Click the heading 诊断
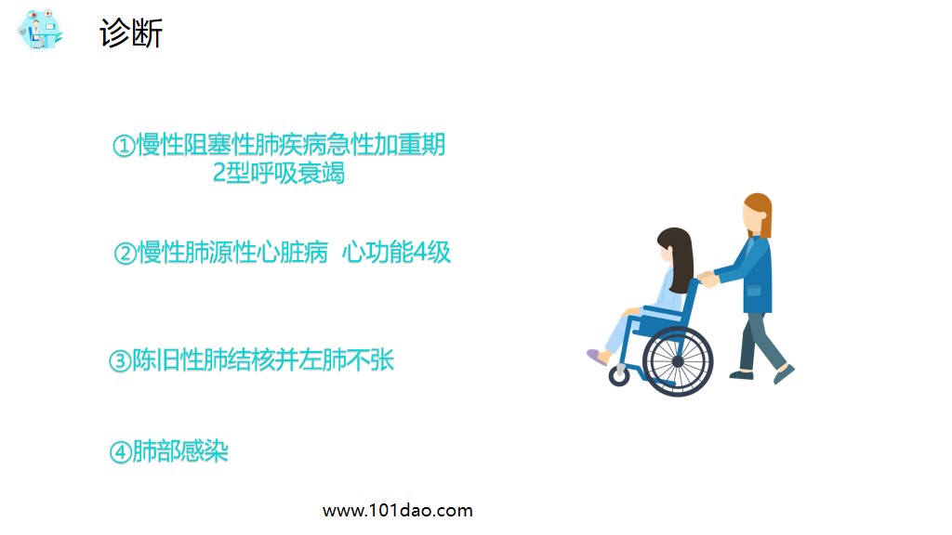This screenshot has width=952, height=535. coord(131,33)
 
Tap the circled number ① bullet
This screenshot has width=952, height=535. coord(123,147)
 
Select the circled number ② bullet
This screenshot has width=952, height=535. coord(125,254)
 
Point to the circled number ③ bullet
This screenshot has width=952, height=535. coord(120,361)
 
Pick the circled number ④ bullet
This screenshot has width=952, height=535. coord(120,453)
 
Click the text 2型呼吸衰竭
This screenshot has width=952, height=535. coord(279,174)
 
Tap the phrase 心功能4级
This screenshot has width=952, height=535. coord(396,253)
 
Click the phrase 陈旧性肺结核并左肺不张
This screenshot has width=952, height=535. coord(263,360)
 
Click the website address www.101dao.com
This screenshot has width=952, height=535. coord(397,510)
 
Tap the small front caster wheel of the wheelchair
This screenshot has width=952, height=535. coord(619,376)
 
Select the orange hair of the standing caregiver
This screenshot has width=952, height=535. coord(760,211)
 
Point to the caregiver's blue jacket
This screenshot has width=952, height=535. coord(755,273)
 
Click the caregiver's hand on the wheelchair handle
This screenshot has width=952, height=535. coord(707,277)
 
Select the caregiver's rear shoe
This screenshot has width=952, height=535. coord(741,374)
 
